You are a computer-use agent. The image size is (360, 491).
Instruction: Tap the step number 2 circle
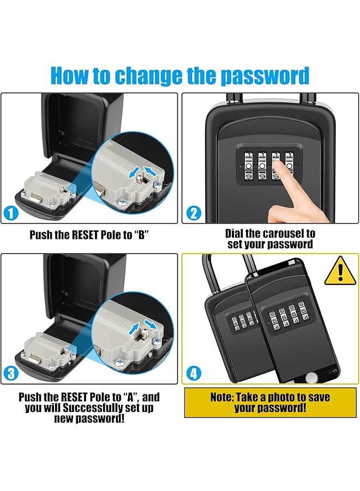coord(194,213)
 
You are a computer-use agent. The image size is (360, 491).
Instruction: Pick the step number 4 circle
coord(194,374)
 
